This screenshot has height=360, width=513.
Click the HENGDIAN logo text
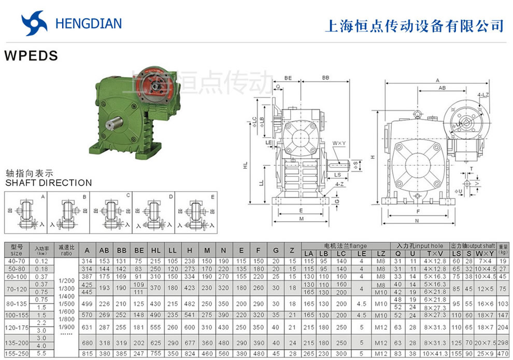point(88,23)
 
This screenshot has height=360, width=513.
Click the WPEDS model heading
point(31,56)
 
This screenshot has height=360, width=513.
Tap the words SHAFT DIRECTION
point(48,183)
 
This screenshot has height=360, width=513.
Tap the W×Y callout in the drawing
point(339,142)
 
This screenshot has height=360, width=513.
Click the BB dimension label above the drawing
point(325,77)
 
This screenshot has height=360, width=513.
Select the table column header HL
point(156,250)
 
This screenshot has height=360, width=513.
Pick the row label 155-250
point(17,353)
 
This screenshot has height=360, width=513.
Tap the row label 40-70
point(17,261)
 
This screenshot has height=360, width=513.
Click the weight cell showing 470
point(503,353)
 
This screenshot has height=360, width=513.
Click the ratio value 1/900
point(66,327)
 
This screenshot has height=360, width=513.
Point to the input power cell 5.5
point(41,353)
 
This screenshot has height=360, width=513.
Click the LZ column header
point(381,253)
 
